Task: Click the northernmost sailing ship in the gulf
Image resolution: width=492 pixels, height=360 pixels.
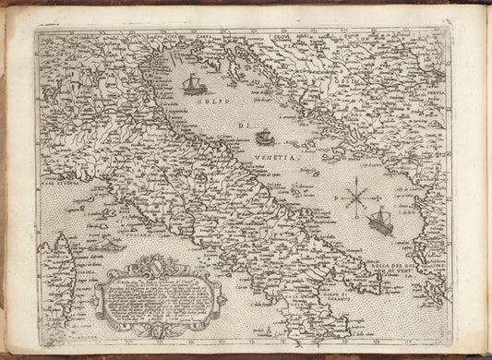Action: [x=192, y=85]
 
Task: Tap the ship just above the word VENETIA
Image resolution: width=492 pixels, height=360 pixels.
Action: [x=264, y=138]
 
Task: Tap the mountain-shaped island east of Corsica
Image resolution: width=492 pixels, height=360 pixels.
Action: [x=109, y=246]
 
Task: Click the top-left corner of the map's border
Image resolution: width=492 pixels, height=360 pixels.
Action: [x=36, y=27]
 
